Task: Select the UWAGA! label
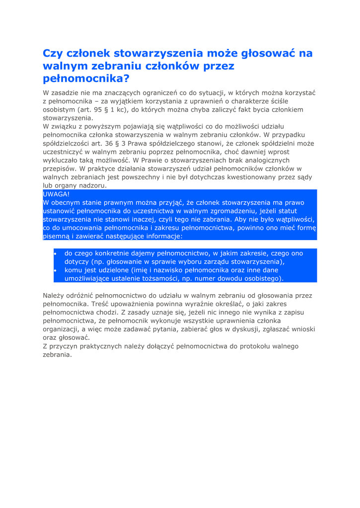pos(57,194)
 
